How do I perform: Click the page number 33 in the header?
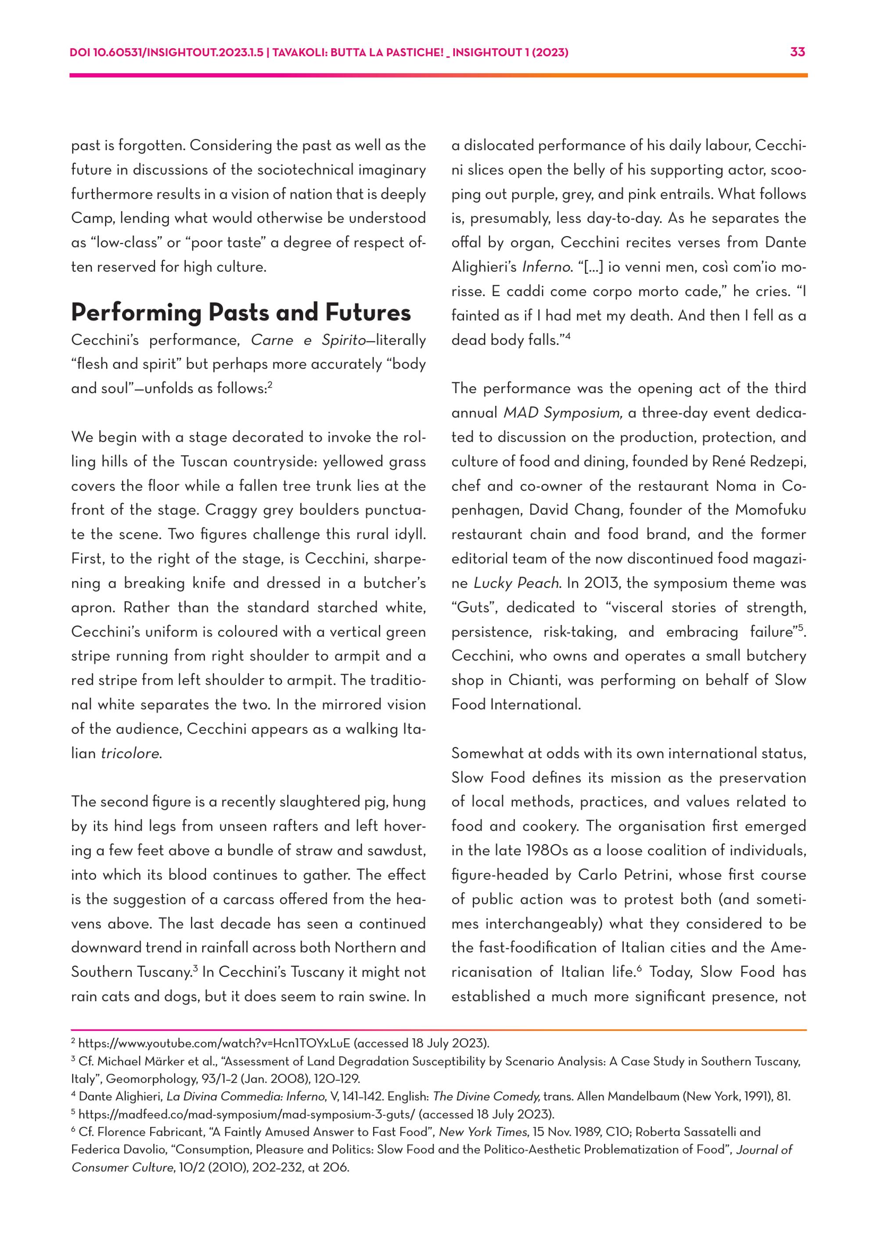[x=798, y=52]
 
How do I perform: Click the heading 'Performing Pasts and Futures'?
[x=241, y=313]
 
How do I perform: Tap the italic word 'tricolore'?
[x=131, y=753]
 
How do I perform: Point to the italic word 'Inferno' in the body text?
[x=546, y=267]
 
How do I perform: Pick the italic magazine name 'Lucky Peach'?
[x=516, y=583]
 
